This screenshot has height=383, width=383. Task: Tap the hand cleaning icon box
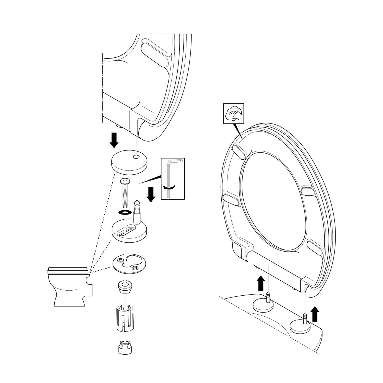pyautogui.click(x=234, y=113)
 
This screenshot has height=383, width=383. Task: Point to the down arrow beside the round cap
pyautogui.click(x=114, y=140)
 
